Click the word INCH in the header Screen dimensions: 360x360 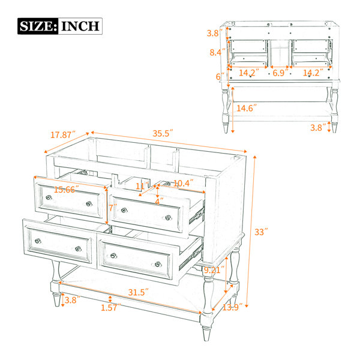click(80, 26)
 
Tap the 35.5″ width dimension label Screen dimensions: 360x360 click(163, 133)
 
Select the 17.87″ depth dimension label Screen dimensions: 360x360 click(63, 134)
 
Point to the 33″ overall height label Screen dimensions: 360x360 click(261, 232)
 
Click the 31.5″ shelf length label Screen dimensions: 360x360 click(138, 292)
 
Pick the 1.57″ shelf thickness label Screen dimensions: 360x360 click(110, 307)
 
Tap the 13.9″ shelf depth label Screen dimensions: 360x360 click(232, 307)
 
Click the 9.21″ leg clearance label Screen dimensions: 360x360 click(214, 270)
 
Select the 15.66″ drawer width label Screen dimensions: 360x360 click(67, 190)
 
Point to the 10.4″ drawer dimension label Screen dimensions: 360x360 click(183, 183)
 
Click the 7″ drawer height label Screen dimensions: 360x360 click(113, 208)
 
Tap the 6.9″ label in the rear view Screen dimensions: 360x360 click(280, 73)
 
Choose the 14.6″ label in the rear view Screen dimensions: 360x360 click(247, 108)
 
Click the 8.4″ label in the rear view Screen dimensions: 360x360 click(217, 52)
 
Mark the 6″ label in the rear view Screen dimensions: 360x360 click(220, 76)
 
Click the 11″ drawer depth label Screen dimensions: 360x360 click(142, 186)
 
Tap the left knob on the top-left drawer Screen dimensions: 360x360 click(49, 197)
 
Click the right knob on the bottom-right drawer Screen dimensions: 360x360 click(158, 264)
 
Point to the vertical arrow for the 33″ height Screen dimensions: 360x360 click(251, 231)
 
